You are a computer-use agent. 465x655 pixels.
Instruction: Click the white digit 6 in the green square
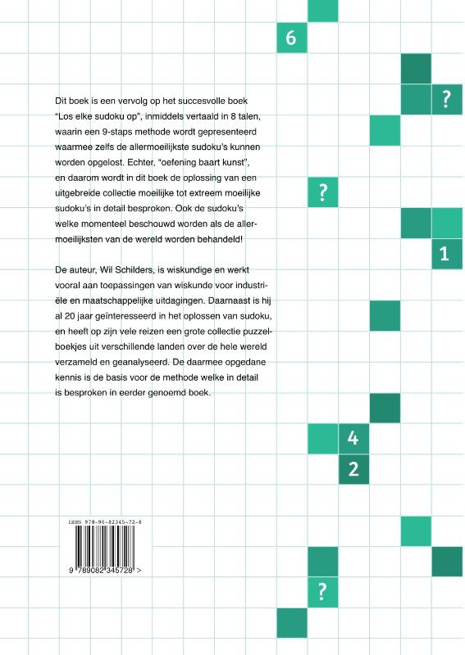coord(292,38)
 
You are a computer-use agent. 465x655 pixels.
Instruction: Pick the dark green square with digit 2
coord(353,470)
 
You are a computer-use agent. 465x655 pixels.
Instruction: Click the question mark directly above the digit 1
coord(446,99)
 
